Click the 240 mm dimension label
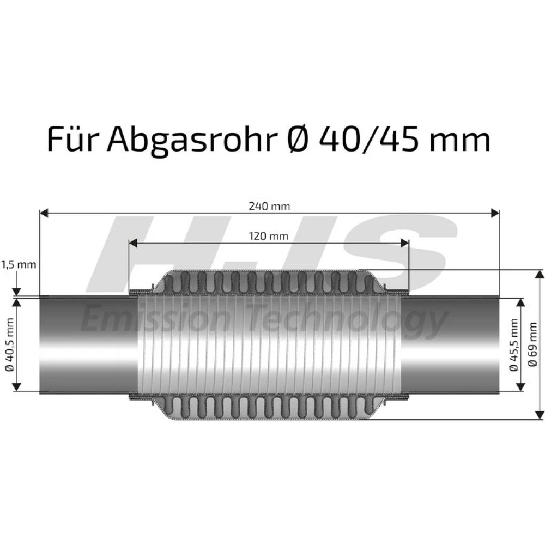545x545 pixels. (x=269, y=206)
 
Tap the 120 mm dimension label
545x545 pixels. (x=269, y=237)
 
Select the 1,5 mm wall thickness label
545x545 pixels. (x=19, y=265)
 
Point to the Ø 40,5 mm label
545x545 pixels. (x=10, y=344)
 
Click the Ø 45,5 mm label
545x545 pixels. (x=514, y=344)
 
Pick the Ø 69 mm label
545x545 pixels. (x=532, y=344)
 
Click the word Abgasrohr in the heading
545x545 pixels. (x=192, y=140)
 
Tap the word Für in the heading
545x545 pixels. (x=71, y=138)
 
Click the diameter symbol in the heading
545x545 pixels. (x=298, y=140)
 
